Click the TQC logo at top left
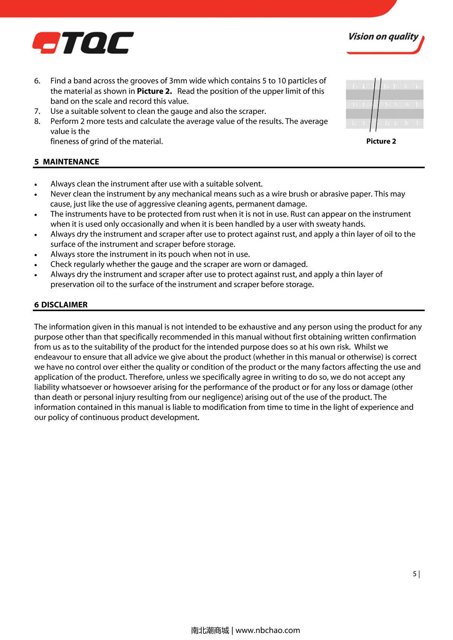coord(83,43)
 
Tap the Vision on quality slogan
coord(383,37)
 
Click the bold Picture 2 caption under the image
coord(381,141)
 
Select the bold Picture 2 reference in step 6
coord(154,91)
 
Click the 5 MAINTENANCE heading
coord(67,162)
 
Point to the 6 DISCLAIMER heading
coord(61,305)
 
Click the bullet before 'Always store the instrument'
coord(35,255)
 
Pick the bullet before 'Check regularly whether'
coord(35,265)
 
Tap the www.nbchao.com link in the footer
coord(268,630)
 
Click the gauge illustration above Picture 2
coord(385,104)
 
